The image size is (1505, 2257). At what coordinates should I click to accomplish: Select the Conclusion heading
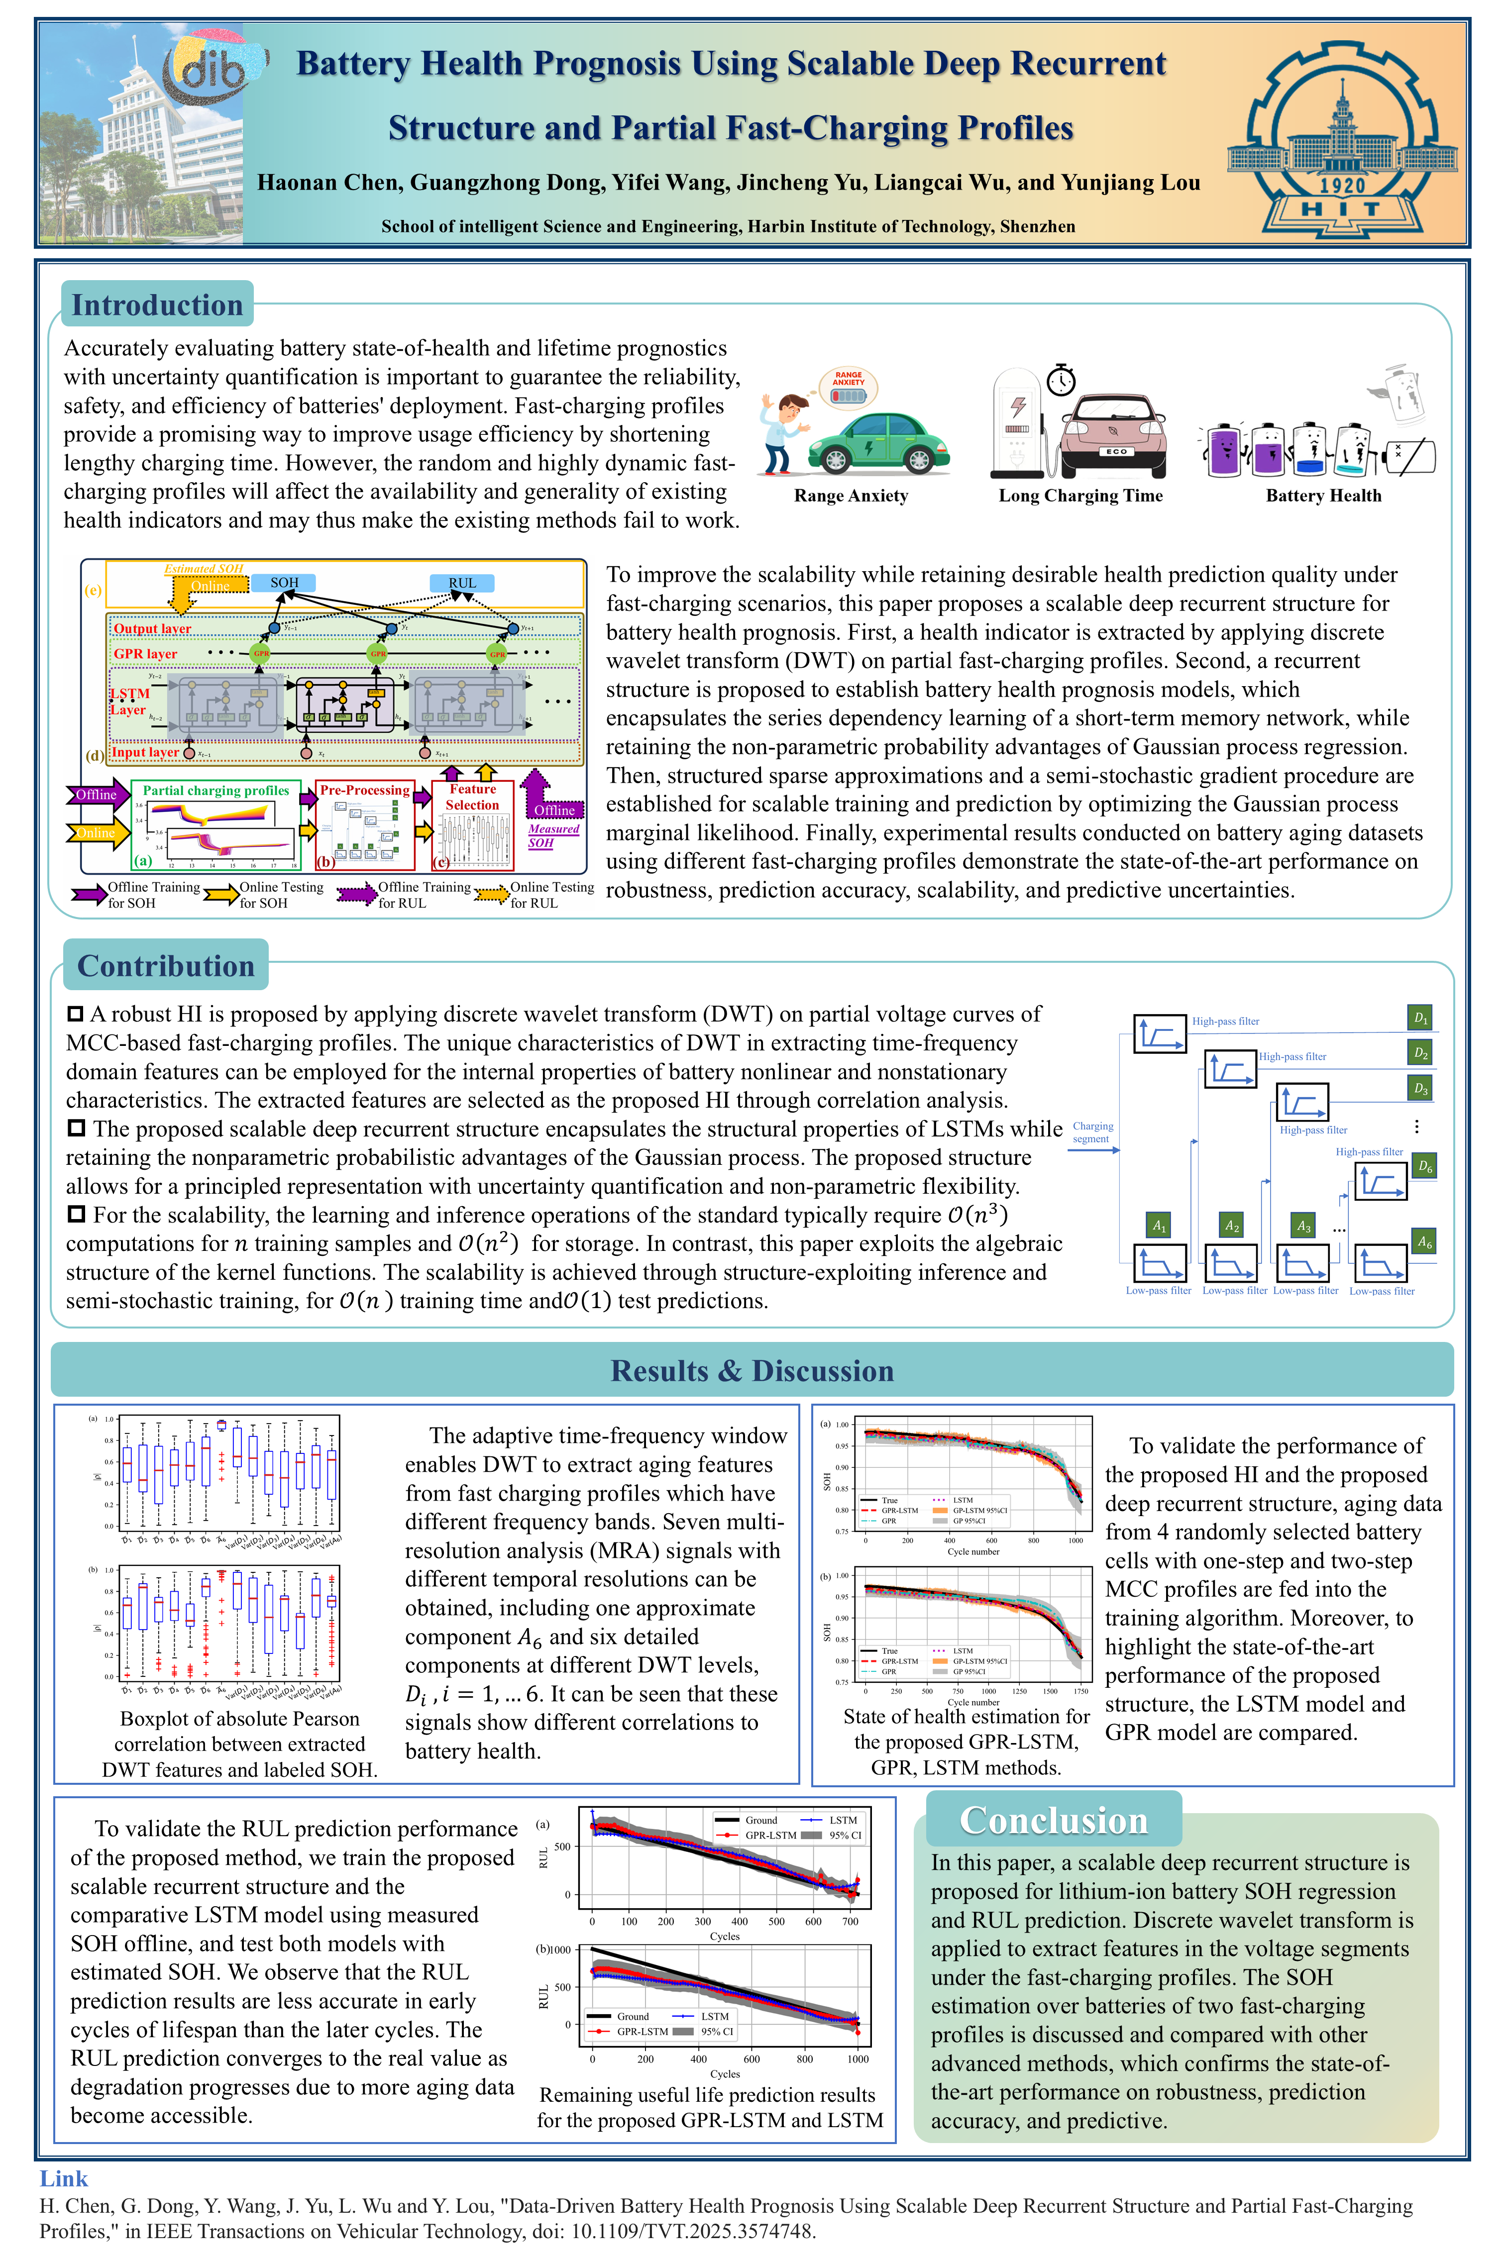[x=1053, y=1820]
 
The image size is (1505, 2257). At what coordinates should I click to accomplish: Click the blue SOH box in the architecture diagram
[x=284, y=583]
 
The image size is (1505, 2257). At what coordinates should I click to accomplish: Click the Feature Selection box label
[x=472, y=797]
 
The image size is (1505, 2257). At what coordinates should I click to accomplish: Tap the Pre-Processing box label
[x=365, y=790]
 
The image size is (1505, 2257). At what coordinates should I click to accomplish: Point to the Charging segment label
[x=1092, y=1132]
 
